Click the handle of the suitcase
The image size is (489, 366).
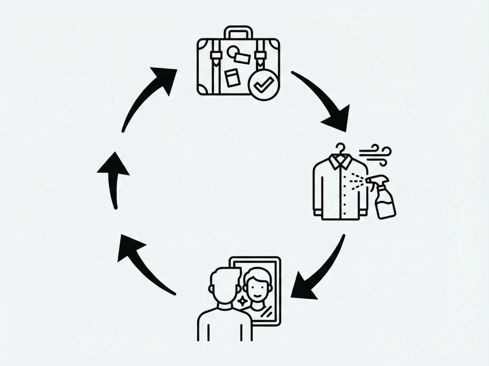point(239,32)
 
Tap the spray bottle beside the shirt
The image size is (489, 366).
point(385,201)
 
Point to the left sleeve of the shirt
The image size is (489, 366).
point(319,191)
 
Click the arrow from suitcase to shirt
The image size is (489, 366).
point(325,100)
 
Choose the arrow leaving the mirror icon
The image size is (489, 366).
point(143,263)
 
